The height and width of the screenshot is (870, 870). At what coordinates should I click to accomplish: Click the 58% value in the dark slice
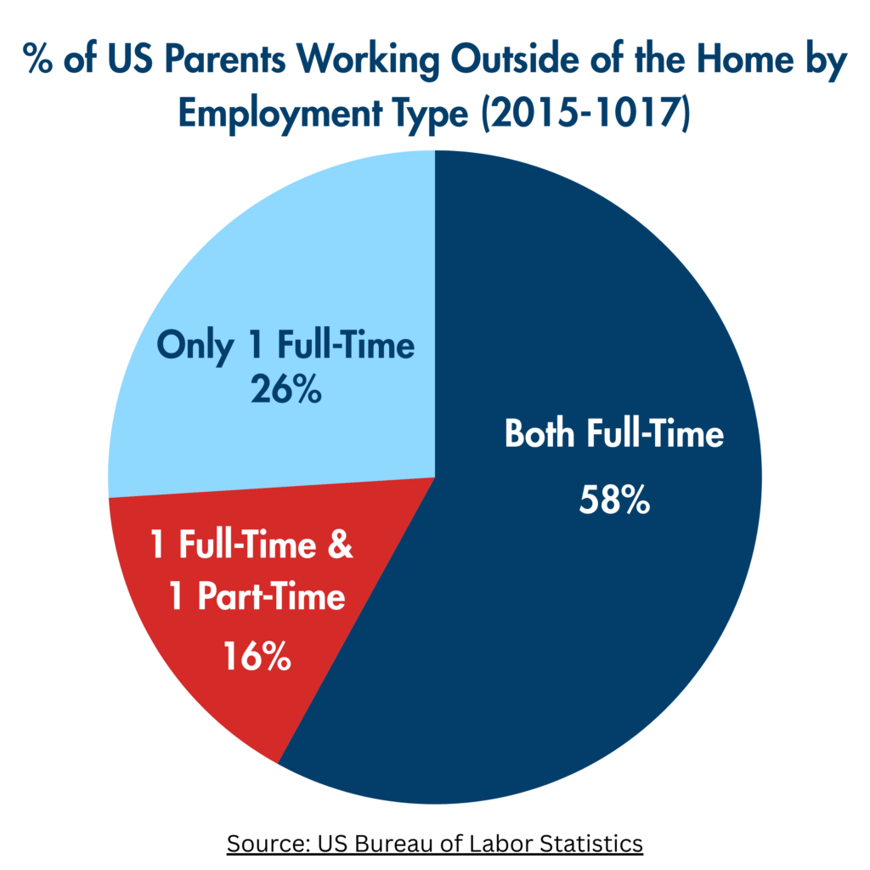point(614,500)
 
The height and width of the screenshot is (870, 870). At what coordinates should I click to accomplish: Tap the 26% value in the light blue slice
point(285,388)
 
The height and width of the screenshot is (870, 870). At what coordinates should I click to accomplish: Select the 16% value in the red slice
point(257,656)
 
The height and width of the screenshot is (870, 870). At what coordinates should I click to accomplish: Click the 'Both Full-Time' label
point(614,432)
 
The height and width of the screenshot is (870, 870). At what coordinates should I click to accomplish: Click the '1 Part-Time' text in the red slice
point(257,596)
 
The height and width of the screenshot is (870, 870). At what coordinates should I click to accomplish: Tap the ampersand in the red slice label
point(340,544)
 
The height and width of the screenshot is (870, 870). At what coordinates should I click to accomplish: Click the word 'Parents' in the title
point(224,59)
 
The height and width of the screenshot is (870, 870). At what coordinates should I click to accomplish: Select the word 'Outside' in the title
point(516,59)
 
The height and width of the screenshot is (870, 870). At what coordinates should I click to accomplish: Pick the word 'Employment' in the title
point(280,115)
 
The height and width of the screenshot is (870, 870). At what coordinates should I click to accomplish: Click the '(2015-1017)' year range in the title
point(586,113)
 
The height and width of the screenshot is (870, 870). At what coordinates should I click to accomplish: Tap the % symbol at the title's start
point(37,59)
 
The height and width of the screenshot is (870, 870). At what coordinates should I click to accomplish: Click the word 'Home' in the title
point(745,59)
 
